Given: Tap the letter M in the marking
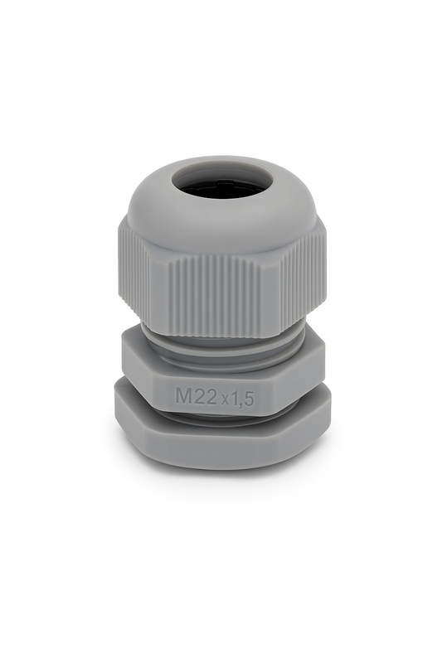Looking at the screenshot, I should tap(185, 396).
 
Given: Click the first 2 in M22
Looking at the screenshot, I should tap(203, 396).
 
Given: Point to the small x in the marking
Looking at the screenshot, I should tap(232, 399).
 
